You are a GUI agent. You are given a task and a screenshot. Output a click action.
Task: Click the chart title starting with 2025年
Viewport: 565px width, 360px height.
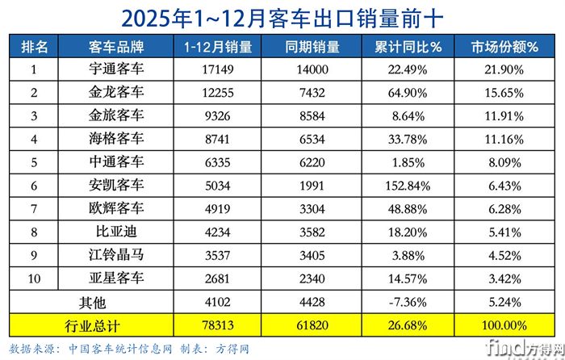click(x=282, y=16)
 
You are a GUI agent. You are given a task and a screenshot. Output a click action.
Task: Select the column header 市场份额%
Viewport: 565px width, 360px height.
click(x=504, y=47)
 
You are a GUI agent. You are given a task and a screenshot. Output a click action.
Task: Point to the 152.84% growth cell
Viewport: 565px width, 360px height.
click(x=408, y=186)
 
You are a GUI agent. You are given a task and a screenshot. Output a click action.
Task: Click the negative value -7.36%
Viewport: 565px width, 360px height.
click(x=408, y=303)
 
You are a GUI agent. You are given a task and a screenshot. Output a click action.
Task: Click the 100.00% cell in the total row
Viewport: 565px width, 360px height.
click(x=504, y=325)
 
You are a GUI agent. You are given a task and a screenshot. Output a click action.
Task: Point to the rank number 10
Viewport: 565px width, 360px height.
click(x=34, y=279)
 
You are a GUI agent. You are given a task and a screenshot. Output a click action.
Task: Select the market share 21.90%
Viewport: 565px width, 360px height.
click(x=504, y=69)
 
